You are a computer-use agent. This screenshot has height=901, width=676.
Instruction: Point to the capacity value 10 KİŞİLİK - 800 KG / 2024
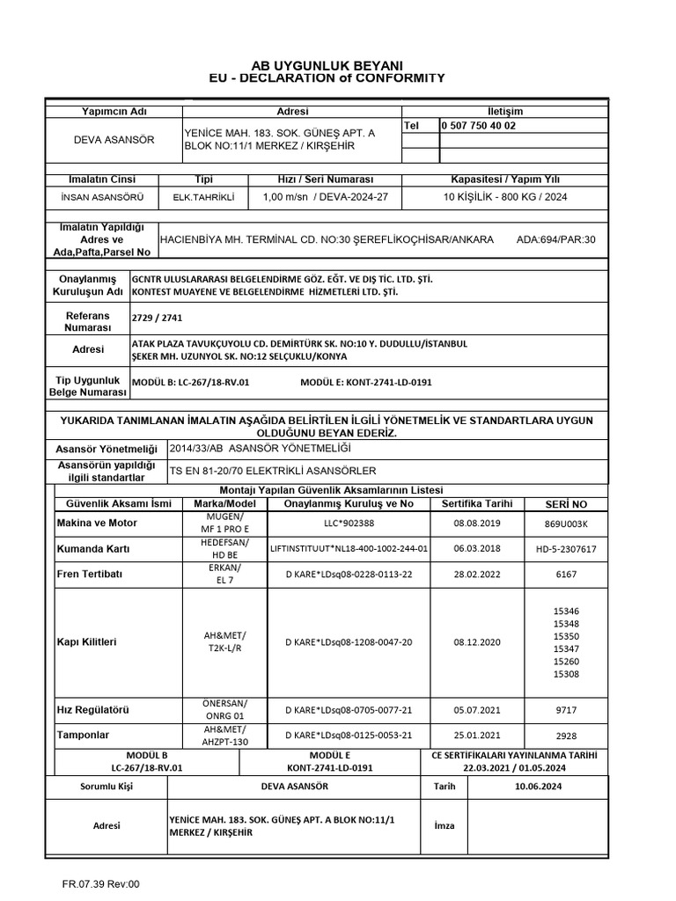tap(505, 197)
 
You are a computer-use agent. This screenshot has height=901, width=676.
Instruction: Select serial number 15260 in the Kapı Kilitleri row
tap(566, 661)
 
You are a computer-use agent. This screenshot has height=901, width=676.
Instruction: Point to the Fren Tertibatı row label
tap(92, 573)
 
